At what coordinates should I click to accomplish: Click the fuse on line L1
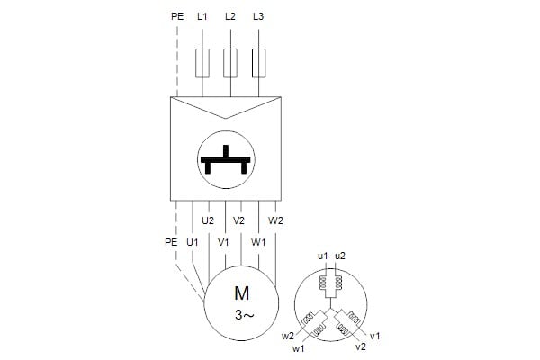[202, 63]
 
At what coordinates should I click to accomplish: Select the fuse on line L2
[230, 63]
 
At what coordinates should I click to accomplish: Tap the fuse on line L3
[258, 63]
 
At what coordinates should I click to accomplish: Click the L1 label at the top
[202, 16]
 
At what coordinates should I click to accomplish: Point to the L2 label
[230, 16]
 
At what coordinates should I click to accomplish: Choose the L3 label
[258, 16]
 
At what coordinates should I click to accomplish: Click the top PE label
[177, 16]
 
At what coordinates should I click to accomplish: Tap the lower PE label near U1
[171, 242]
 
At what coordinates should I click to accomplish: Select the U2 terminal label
[208, 220]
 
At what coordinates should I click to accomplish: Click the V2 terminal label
[238, 220]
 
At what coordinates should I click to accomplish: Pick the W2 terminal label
[275, 220]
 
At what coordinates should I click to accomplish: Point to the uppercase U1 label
[193, 242]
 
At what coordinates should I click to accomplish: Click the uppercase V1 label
[223, 242]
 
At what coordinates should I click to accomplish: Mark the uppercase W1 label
[258, 242]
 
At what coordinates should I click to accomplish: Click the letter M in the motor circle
[241, 293]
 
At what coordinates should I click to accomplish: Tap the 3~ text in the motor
[244, 314]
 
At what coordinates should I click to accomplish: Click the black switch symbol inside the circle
[226, 159]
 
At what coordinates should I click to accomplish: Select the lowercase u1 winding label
[323, 256]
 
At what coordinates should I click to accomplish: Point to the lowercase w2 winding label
[288, 336]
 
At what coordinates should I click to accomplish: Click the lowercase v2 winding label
[361, 346]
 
